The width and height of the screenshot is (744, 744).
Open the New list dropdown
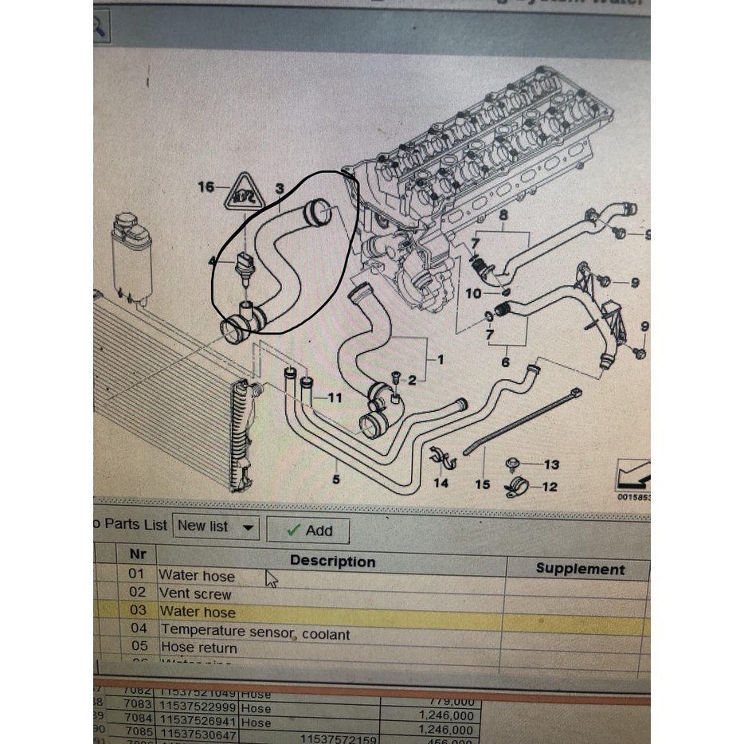tap(217, 526)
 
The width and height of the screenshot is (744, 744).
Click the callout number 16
tap(206, 187)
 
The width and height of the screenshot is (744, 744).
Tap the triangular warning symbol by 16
tap(244, 193)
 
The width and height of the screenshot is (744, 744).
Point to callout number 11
tap(335, 397)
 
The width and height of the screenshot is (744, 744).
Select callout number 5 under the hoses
tap(336, 479)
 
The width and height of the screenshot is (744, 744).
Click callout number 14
tap(441, 482)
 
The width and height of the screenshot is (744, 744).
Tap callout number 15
tap(482, 484)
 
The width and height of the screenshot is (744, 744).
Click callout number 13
tap(551, 464)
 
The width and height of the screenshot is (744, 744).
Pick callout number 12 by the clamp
tap(550, 487)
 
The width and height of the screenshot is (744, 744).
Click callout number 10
tap(473, 294)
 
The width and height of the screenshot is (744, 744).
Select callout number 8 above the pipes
tap(503, 215)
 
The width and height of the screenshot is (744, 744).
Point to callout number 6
tap(505, 362)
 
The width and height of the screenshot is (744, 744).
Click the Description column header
tap(332, 562)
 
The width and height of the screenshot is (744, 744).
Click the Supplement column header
tap(579, 568)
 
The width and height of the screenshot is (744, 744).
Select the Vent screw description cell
tap(195, 593)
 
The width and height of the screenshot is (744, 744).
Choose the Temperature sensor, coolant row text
tap(255, 633)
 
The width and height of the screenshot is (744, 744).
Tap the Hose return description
tap(199, 648)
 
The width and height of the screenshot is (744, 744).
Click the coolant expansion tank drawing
tap(131, 255)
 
